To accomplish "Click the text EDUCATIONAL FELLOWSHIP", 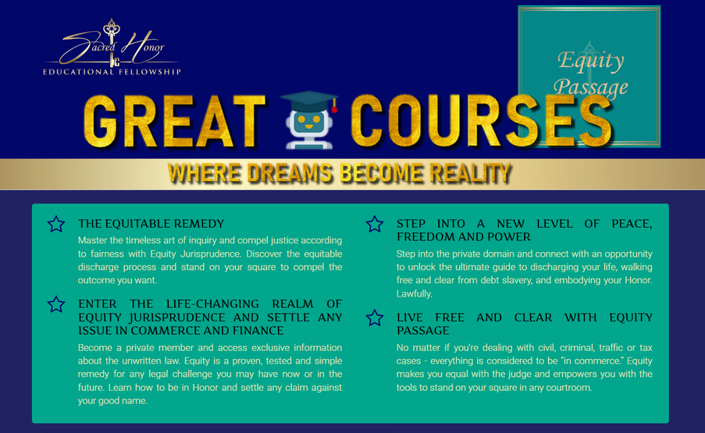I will pyautogui.click(x=112, y=72).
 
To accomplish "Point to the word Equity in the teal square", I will pyautogui.click(x=590, y=61).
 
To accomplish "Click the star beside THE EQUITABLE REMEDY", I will pyautogui.click(x=56, y=225).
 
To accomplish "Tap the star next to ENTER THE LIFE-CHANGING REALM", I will pyautogui.click(x=56, y=304).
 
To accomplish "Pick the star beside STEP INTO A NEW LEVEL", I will pyautogui.click(x=375, y=225).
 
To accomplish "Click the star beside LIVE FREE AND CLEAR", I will pyautogui.click(x=375, y=318).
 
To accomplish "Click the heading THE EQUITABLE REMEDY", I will pyautogui.click(x=151, y=223).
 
